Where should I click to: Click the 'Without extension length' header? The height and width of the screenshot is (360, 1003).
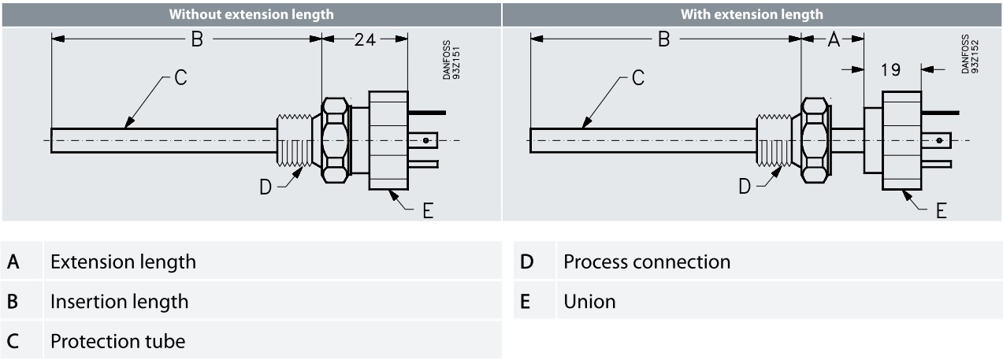(x=250, y=14)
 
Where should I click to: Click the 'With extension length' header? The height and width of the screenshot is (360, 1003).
(x=752, y=14)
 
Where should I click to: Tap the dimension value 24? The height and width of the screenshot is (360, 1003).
(x=364, y=40)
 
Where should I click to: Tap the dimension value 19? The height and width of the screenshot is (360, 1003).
(x=891, y=70)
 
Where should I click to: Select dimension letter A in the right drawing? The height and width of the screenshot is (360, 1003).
(x=834, y=40)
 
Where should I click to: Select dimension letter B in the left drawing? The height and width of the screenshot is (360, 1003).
(x=197, y=40)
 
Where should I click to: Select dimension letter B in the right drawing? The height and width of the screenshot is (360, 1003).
(x=664, y=40)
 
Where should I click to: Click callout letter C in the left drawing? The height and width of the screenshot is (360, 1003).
(x=180, y=78)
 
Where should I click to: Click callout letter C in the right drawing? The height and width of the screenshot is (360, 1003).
(x=638, y=78)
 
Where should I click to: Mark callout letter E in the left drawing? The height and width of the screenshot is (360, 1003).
(x=428, y=212)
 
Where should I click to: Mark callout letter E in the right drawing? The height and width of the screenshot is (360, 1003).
(x=941, y=212)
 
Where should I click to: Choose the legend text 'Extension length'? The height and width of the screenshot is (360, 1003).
(x=123, y=261)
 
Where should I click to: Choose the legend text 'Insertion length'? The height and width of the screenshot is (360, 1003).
(x=119, y=301)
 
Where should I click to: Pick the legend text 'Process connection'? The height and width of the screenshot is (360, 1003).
(x=646, y=261)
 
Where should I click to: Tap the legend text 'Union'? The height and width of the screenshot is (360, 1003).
(x=589, y=301)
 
